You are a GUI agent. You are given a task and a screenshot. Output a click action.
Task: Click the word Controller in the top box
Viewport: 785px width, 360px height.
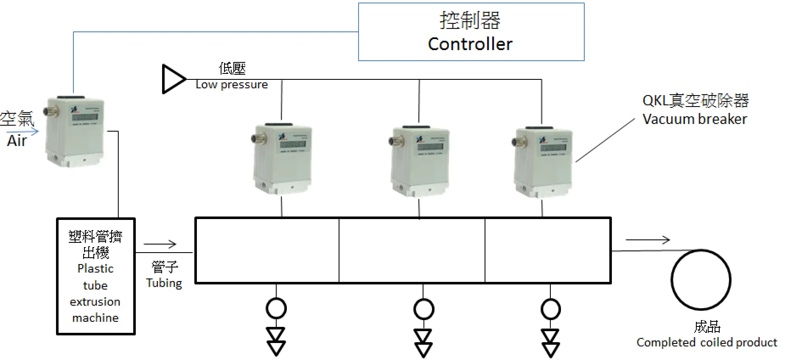click(x=470, y=44)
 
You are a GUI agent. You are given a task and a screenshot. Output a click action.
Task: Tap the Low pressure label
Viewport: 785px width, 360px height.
click(x=232, y=85)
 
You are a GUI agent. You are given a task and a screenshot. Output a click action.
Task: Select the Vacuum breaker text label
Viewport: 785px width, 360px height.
click(x=695, y=119)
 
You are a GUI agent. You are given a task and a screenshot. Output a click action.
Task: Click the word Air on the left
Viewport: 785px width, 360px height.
click(x=17, y=141)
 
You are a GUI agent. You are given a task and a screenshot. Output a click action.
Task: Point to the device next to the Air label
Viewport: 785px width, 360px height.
click(x=75, y=132)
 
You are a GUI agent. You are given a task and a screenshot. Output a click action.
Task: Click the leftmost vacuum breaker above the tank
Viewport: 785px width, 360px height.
click(x=283, y=159)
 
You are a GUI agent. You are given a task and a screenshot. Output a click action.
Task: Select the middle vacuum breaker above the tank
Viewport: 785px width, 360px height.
click(x=419, y=161)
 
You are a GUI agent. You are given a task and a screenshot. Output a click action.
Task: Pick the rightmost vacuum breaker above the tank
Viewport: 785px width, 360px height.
click(x=543, y=162)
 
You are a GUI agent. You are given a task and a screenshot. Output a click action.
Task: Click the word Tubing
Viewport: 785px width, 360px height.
click(x=164, y=283)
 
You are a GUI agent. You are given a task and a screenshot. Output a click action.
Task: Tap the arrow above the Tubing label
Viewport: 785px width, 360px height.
click(x=160, y=244)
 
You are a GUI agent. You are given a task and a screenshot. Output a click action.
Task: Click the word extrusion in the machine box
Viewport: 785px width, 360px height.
click(x=95, y=302)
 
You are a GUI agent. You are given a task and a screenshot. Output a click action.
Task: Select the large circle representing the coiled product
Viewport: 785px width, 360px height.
click(x=701, y=280)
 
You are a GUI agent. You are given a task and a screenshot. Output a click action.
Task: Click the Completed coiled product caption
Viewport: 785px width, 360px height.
click(x=707, y=343)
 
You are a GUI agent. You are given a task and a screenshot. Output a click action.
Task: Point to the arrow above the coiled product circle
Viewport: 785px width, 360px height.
click(x=648, y=240)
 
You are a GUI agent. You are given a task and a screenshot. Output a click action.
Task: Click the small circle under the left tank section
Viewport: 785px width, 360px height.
click(x=276, y=309)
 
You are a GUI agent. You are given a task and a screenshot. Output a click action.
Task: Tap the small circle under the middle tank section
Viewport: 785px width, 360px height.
click(x=423, y=309)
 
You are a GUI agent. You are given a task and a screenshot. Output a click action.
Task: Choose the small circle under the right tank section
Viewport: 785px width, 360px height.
click(x=550, y=309)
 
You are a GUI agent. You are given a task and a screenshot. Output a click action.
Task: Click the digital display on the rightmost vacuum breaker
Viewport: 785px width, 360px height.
click(x=553, y=148)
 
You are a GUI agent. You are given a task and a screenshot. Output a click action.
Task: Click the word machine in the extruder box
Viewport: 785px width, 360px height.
click(x=95, y=318)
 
